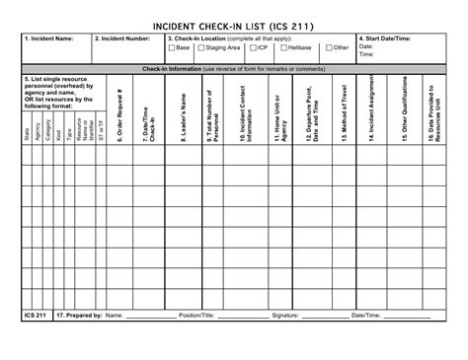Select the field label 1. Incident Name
click(x=50, y=38)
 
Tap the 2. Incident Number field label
click(x=122, y=38)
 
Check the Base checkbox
click(x=171, y=47)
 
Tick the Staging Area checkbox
click(x=200, y=47)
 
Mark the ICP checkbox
click(x=253, y=47)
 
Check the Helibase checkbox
click(x=282, y=47)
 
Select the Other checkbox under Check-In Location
click(x=329, y=47)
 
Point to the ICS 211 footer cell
click(x=35, y=316)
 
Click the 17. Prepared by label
click(x=79, y=316)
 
